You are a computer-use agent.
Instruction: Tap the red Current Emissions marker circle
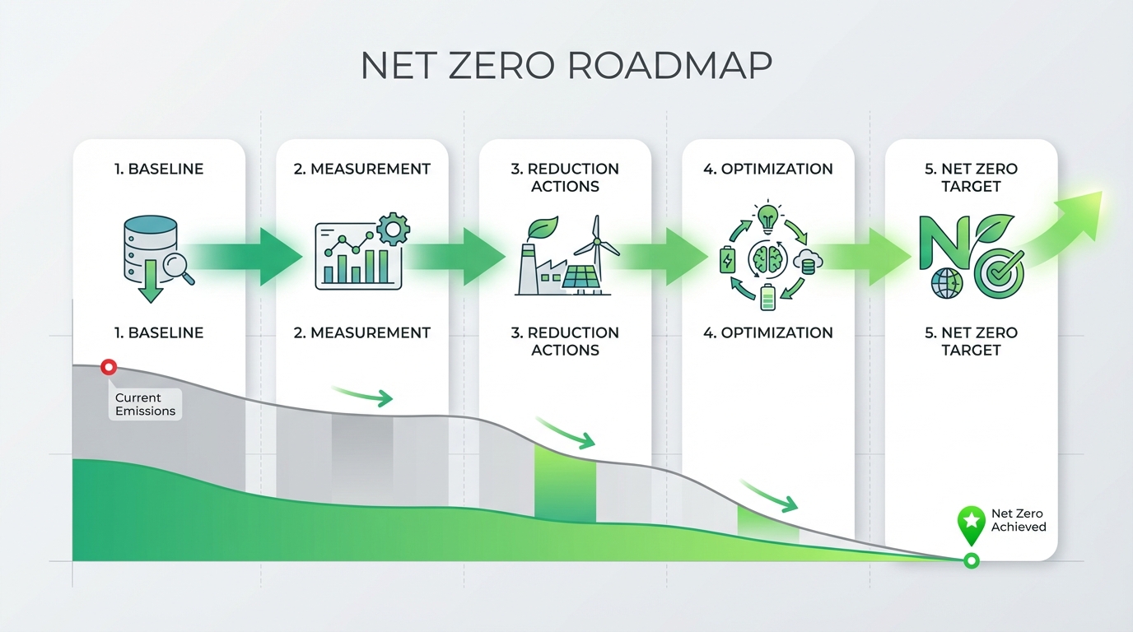click(x=108, y=368)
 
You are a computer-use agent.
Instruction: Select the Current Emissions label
click(x=145, y=404)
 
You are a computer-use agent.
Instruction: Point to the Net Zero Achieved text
click(x=1019, y=520)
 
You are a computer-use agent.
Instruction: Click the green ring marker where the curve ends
click(x=972, y=561)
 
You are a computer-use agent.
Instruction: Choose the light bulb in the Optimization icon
click(x=767, y=218)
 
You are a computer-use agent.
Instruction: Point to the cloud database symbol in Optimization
click(x=806, y=262)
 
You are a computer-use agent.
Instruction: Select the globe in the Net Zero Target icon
click(x=947, y=284)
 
